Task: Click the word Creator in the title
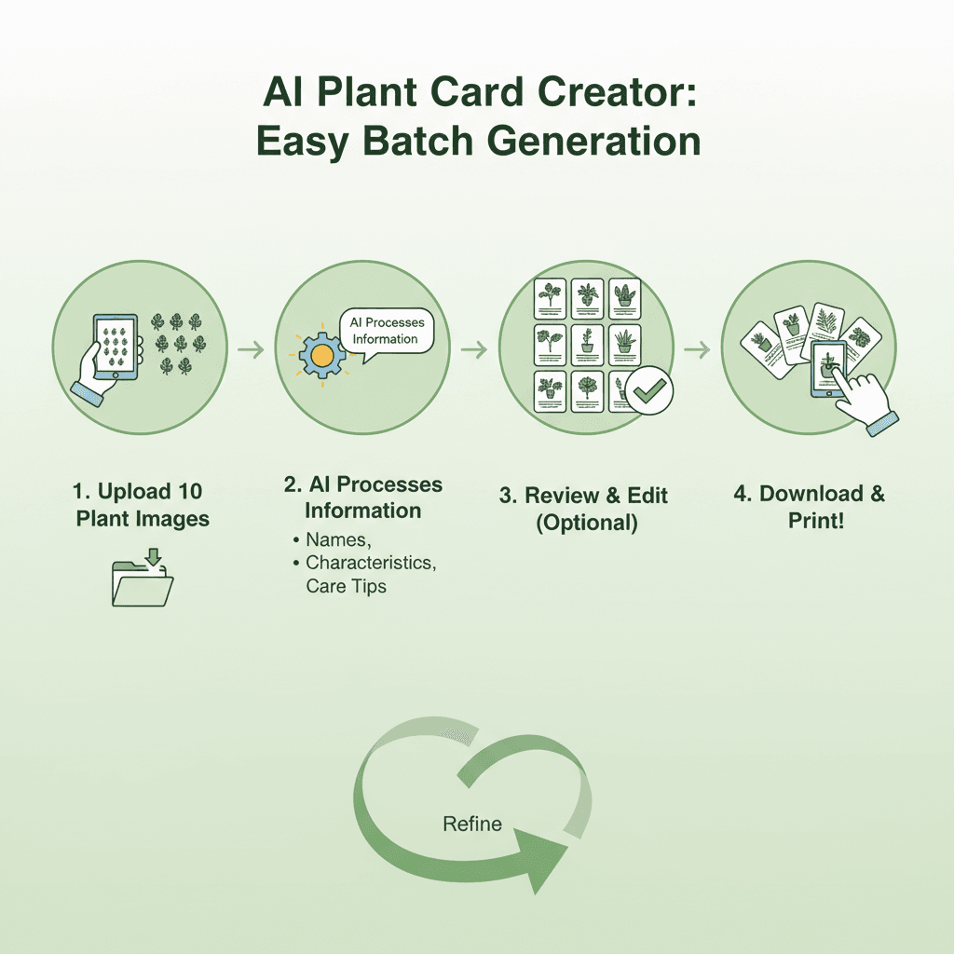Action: [617, 92]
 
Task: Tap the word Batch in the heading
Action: [418, 141]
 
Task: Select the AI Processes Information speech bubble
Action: [387, 332]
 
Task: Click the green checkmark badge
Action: [649, 390]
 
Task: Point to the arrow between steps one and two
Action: [251, 350]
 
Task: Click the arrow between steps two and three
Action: [474, 350]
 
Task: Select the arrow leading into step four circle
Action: [697, 350]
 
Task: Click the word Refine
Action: [472, 824]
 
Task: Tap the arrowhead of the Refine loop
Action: [541, 860]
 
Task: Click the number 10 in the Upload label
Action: [190, 492]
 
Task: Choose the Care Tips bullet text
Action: [347, 586]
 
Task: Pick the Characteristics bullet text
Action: [371, 563]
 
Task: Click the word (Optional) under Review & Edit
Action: [587, 523]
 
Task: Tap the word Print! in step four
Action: [816, 521]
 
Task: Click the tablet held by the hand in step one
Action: [116, 347]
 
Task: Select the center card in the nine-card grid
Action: [587, 344]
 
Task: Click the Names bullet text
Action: [338, 540]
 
